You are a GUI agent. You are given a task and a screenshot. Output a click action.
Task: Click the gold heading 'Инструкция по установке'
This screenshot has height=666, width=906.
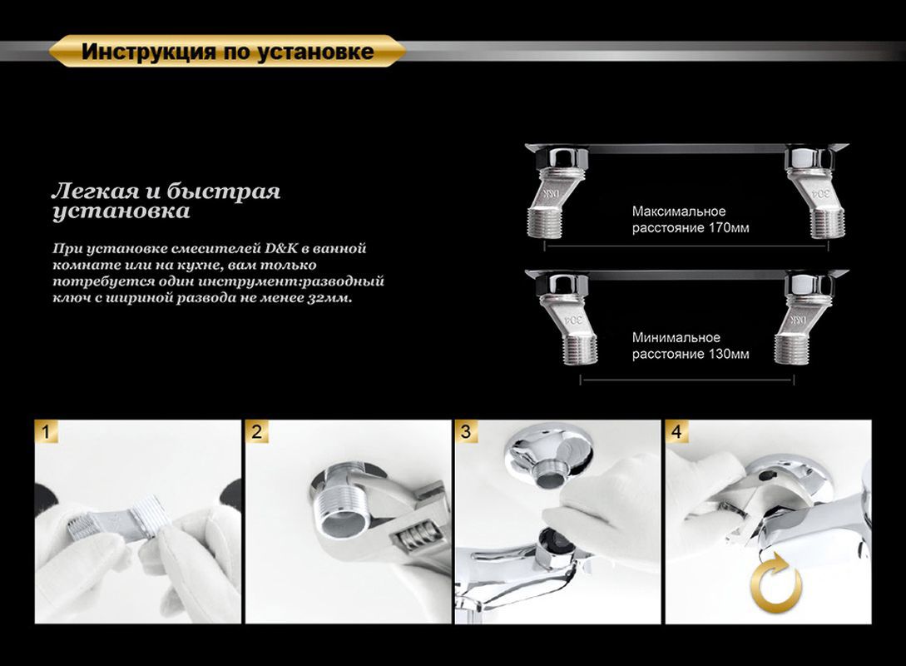pos(227,52)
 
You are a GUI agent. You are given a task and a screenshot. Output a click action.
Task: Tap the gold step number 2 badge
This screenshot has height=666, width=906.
pos(257,432)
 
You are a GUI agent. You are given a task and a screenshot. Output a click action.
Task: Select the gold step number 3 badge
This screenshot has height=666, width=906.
pos(466,432)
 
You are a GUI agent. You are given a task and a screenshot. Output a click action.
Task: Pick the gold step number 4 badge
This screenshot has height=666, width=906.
pos(676,432)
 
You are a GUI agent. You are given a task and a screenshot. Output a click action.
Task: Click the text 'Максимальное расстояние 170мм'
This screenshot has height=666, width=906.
pos(690,220)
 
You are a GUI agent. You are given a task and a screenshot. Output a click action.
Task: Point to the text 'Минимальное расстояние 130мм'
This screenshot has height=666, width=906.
pos(690,345)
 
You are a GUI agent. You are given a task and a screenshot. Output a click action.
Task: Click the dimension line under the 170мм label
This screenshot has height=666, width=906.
pos(686,246)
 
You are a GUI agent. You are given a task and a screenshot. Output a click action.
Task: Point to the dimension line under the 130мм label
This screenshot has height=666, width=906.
pos(686,379)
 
